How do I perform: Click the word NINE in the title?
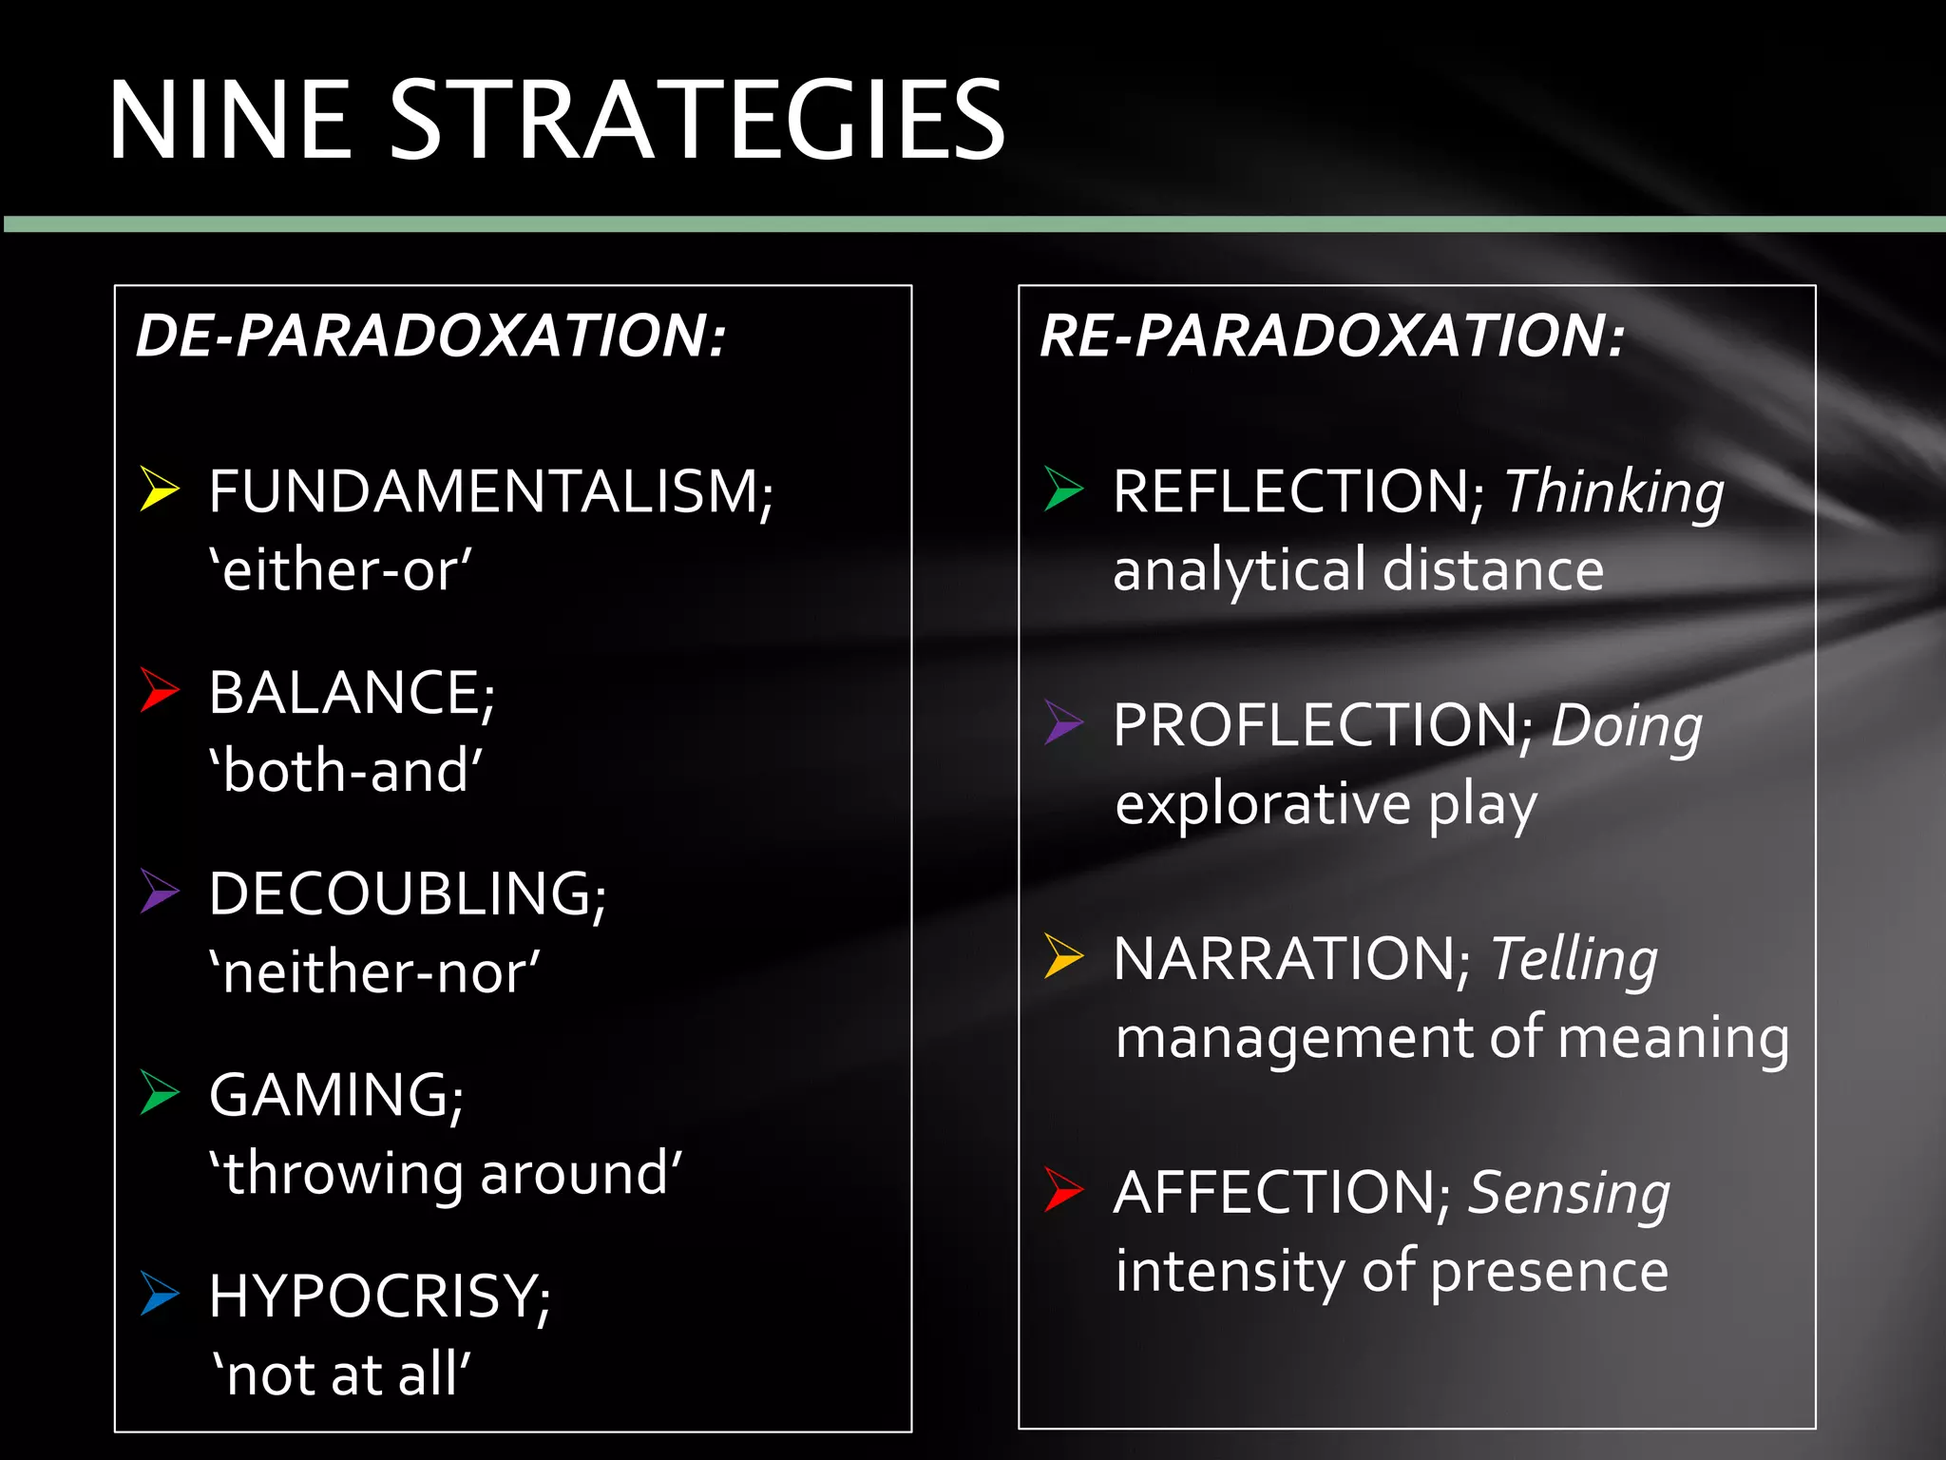pos(229,121)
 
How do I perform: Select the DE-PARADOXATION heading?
pos(430,336)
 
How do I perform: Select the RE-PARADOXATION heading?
pos(1332,336)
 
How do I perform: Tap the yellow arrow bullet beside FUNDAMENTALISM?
pos(159,489)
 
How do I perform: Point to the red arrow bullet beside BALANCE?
pos(159,689)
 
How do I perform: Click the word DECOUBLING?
pos(407,893)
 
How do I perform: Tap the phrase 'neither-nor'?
pos(374,972)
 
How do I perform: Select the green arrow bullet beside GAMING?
pos(159,1092)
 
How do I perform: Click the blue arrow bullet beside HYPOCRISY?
pos(159,1294)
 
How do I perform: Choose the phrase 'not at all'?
pos(340,1374)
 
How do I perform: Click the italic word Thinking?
pos(1613,493)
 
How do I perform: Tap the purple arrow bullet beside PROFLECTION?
pos(1063,722)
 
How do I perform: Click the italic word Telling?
pos(1574,958)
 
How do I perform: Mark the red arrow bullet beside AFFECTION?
pos(1063,1189)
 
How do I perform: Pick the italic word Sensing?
pos(1569,1193)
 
